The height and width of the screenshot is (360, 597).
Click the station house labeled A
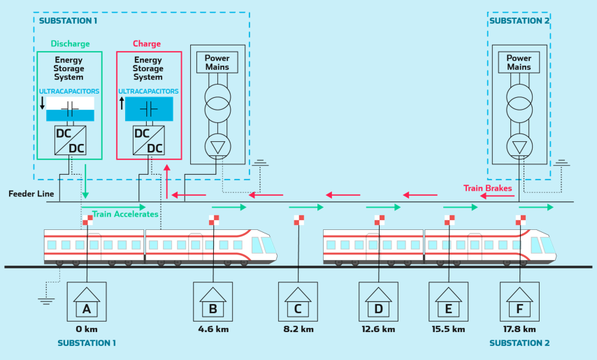[87, 301]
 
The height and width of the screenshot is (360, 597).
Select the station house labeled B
[213, 301]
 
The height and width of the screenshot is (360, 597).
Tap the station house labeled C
[298, 301]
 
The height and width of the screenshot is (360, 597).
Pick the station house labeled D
[378, 301]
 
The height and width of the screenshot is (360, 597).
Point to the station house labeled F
[519, 301]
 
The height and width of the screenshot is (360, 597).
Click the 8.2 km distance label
[298, 329]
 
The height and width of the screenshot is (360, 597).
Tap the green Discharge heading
[70, 44]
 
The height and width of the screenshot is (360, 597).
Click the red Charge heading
[147, 44]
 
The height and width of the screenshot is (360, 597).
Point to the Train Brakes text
[487, 188]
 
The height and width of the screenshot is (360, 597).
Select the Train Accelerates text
[125, 214]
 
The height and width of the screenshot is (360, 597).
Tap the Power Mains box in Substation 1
[217, 63]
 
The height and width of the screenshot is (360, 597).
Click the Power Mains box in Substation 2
[519, 63]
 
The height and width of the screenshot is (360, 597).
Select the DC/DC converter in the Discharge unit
[69, 139]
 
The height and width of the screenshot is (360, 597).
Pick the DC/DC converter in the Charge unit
[148, 139]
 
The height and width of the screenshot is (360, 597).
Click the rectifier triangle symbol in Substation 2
[519, 146]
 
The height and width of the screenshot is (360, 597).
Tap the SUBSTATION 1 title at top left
[69, 21]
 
